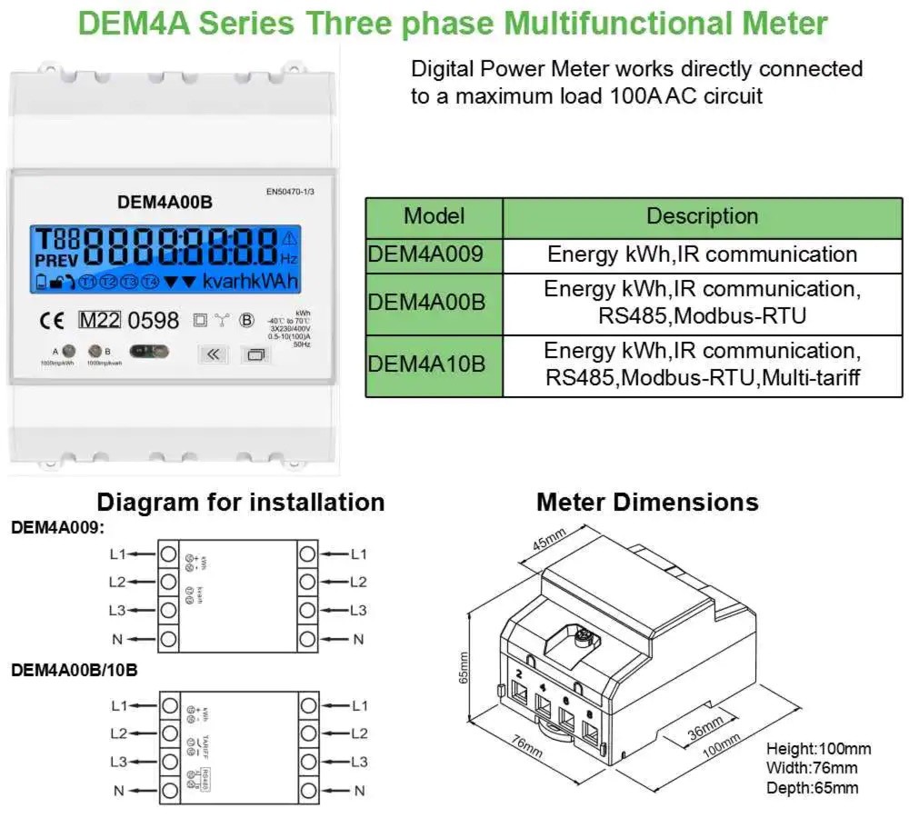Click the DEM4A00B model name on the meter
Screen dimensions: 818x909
[165, 202]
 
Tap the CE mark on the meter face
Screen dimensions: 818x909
[52, 320]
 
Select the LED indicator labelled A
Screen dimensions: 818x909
[67, 351]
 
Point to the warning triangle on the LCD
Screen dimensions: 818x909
[289, 239]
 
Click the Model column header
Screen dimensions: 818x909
[434, 216]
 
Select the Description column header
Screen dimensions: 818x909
[702, 216]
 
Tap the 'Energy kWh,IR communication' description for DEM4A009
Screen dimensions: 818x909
[702, 254]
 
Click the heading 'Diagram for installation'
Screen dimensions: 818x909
[241, 502]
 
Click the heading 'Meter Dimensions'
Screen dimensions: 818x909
[646, 502]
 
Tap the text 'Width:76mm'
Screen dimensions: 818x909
[811, 769]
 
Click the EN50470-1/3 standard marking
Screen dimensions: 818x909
[294, 192]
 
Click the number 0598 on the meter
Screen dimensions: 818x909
[152, 320]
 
